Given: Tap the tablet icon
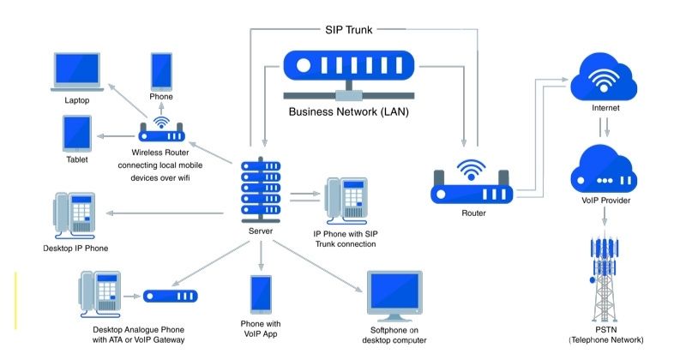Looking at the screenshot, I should (x=76, y=135).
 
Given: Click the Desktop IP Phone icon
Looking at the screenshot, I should (x=76, y=215).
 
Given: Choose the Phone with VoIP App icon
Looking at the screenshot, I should (x=262, y=294).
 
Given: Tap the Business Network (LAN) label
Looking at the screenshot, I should (x=348, y=111).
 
